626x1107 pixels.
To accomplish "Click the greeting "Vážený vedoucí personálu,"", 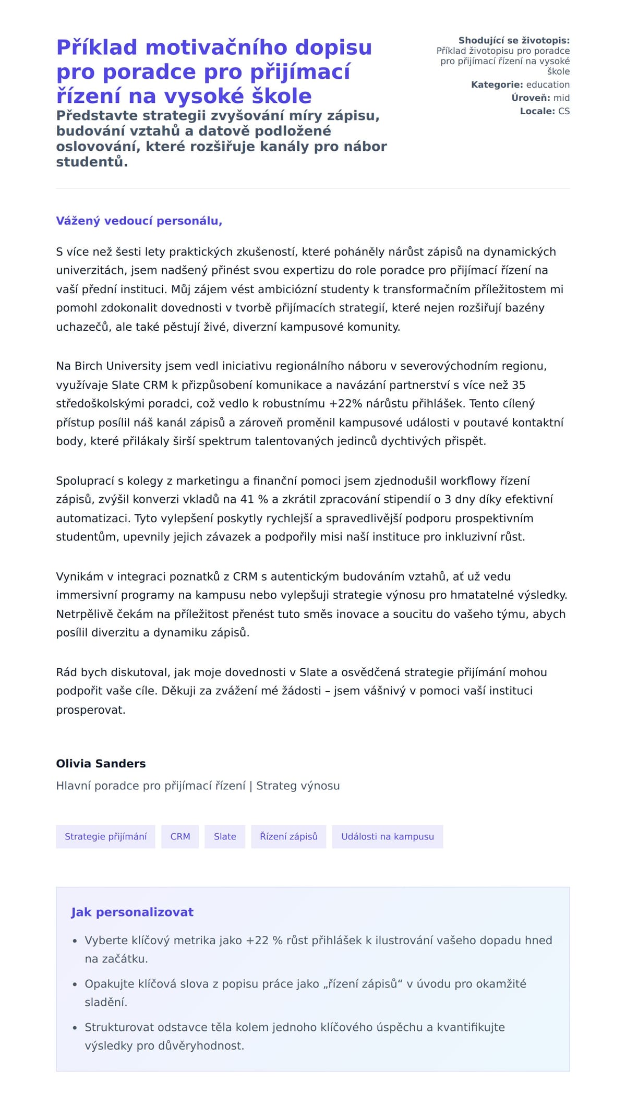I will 139,221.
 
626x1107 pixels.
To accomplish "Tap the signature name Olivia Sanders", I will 101,764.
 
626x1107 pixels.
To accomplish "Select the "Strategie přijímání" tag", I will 105,836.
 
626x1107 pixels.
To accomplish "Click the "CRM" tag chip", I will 180,836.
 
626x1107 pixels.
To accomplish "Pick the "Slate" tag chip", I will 225,836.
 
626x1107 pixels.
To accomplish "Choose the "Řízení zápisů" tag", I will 288,836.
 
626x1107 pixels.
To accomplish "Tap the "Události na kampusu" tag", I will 387,836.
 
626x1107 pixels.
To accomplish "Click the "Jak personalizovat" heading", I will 132,912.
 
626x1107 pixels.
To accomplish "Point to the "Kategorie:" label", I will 497,85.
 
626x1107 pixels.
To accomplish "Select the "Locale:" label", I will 537,111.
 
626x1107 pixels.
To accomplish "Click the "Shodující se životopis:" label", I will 514,40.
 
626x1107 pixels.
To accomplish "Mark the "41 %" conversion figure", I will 254,499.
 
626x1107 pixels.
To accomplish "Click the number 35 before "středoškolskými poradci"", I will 519,385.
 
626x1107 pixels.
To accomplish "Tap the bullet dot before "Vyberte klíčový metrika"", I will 75,941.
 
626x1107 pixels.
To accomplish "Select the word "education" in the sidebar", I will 548,85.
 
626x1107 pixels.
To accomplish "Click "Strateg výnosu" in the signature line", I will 298,786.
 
